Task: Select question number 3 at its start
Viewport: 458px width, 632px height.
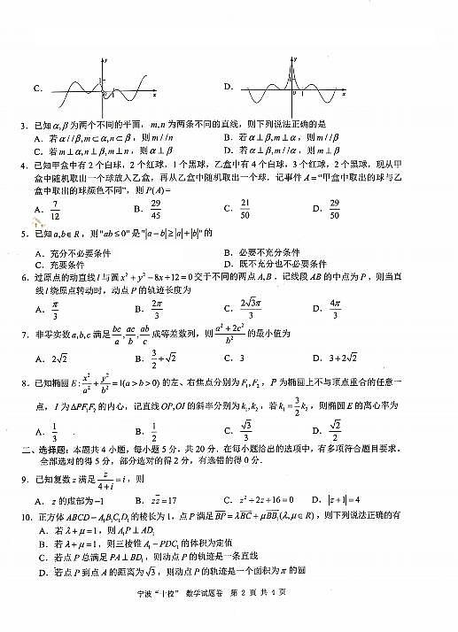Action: [x=21, y=123]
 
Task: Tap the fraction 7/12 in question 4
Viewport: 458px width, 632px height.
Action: [x=56, y=212]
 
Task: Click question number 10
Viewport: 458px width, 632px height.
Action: [x=24, y=514]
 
